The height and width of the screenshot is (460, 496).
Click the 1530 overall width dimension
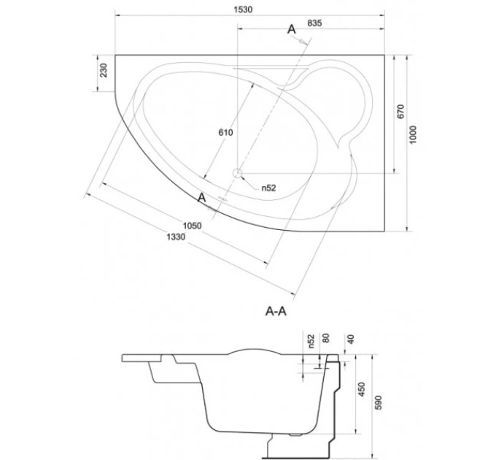coord(243,9)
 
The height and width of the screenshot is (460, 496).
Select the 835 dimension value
coord(314,23)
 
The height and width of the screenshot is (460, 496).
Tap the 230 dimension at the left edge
coord(104,70)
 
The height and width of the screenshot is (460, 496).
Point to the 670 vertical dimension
coord(400,112)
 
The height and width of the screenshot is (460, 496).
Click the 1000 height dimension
coord(414,135)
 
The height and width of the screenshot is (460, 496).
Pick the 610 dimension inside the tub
coord(225,132)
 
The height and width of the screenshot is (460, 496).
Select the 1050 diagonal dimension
coord(193,226)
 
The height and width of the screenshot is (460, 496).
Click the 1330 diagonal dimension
coord(176,237)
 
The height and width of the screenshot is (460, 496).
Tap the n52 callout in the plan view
coord(268,188)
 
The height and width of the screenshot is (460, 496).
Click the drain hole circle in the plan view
coord(237,173)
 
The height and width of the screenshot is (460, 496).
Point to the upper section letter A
coord(291,29)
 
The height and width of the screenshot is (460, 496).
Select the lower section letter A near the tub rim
coord(201,198)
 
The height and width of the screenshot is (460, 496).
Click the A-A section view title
coord(276,312)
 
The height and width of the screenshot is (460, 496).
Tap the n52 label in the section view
coord(311,341)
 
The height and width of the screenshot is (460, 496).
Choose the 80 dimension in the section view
coord(326,338)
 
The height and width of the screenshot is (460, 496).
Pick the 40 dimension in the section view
coord(350,339)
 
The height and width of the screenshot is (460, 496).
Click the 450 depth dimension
coord(361,389)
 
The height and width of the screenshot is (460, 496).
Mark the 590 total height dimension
coord(378,402)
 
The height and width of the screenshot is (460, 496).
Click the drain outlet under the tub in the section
coord(295,434)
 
